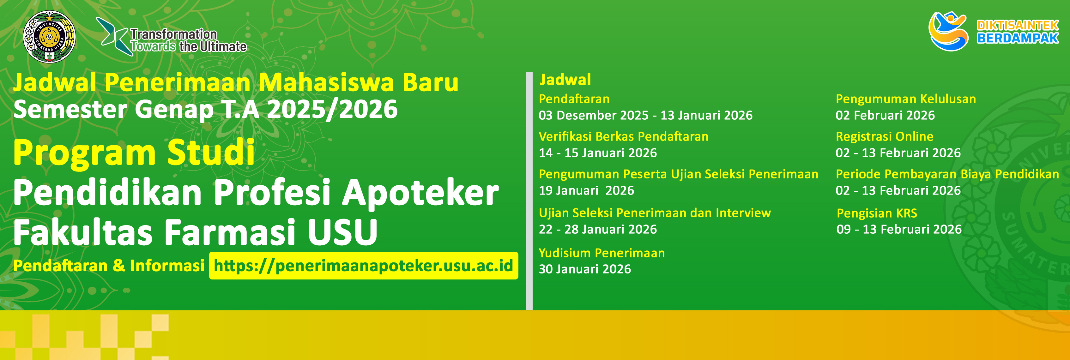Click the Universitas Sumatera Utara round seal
point(49,37)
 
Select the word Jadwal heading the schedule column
point(565,80)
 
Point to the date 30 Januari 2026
point(585,269)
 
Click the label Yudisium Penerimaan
point(602,253)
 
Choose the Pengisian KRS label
point(877,213)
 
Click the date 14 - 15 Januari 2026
point(598,153)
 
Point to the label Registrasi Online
point(884,137)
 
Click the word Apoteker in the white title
point(420,193)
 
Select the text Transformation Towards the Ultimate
point(189,40)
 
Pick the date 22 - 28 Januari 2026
point(598,229)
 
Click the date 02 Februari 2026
point(885,115)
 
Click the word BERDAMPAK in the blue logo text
point(1018,38)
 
